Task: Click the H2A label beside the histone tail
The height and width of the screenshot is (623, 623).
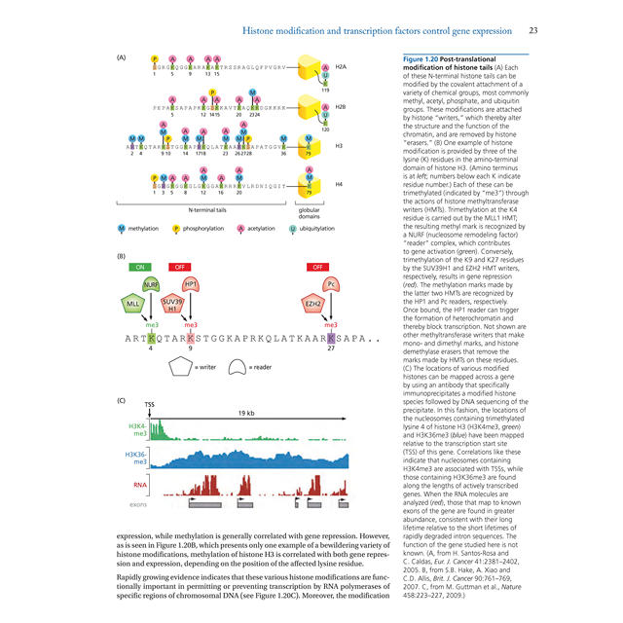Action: [340, 67]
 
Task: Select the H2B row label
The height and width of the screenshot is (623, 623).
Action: [340, 107]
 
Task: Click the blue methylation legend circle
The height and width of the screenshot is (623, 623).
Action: [121, 228]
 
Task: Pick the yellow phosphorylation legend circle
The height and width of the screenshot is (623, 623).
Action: [176, 228]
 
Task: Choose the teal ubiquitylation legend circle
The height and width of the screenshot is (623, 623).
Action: [293, 228]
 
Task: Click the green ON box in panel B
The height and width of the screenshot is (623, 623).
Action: [140, 266]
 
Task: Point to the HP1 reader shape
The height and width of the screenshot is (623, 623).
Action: [192, 285]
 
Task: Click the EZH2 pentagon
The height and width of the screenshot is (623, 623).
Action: [314, 304]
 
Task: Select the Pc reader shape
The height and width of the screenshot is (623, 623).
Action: [332, 285]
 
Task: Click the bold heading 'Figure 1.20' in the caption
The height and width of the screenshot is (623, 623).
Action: [424, 59]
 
